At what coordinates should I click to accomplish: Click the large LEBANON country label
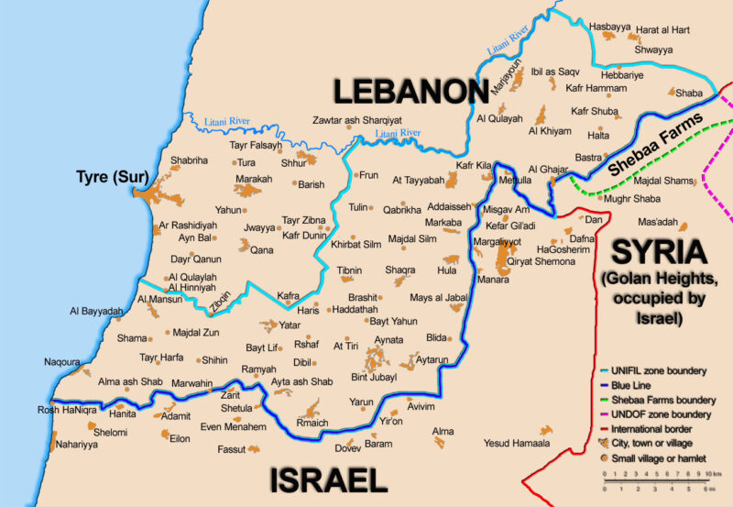[409, 92]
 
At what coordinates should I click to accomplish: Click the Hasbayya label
[611, 28]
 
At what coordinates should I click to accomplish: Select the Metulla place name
[513, 181]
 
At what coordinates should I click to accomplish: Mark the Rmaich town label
[312, 424]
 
